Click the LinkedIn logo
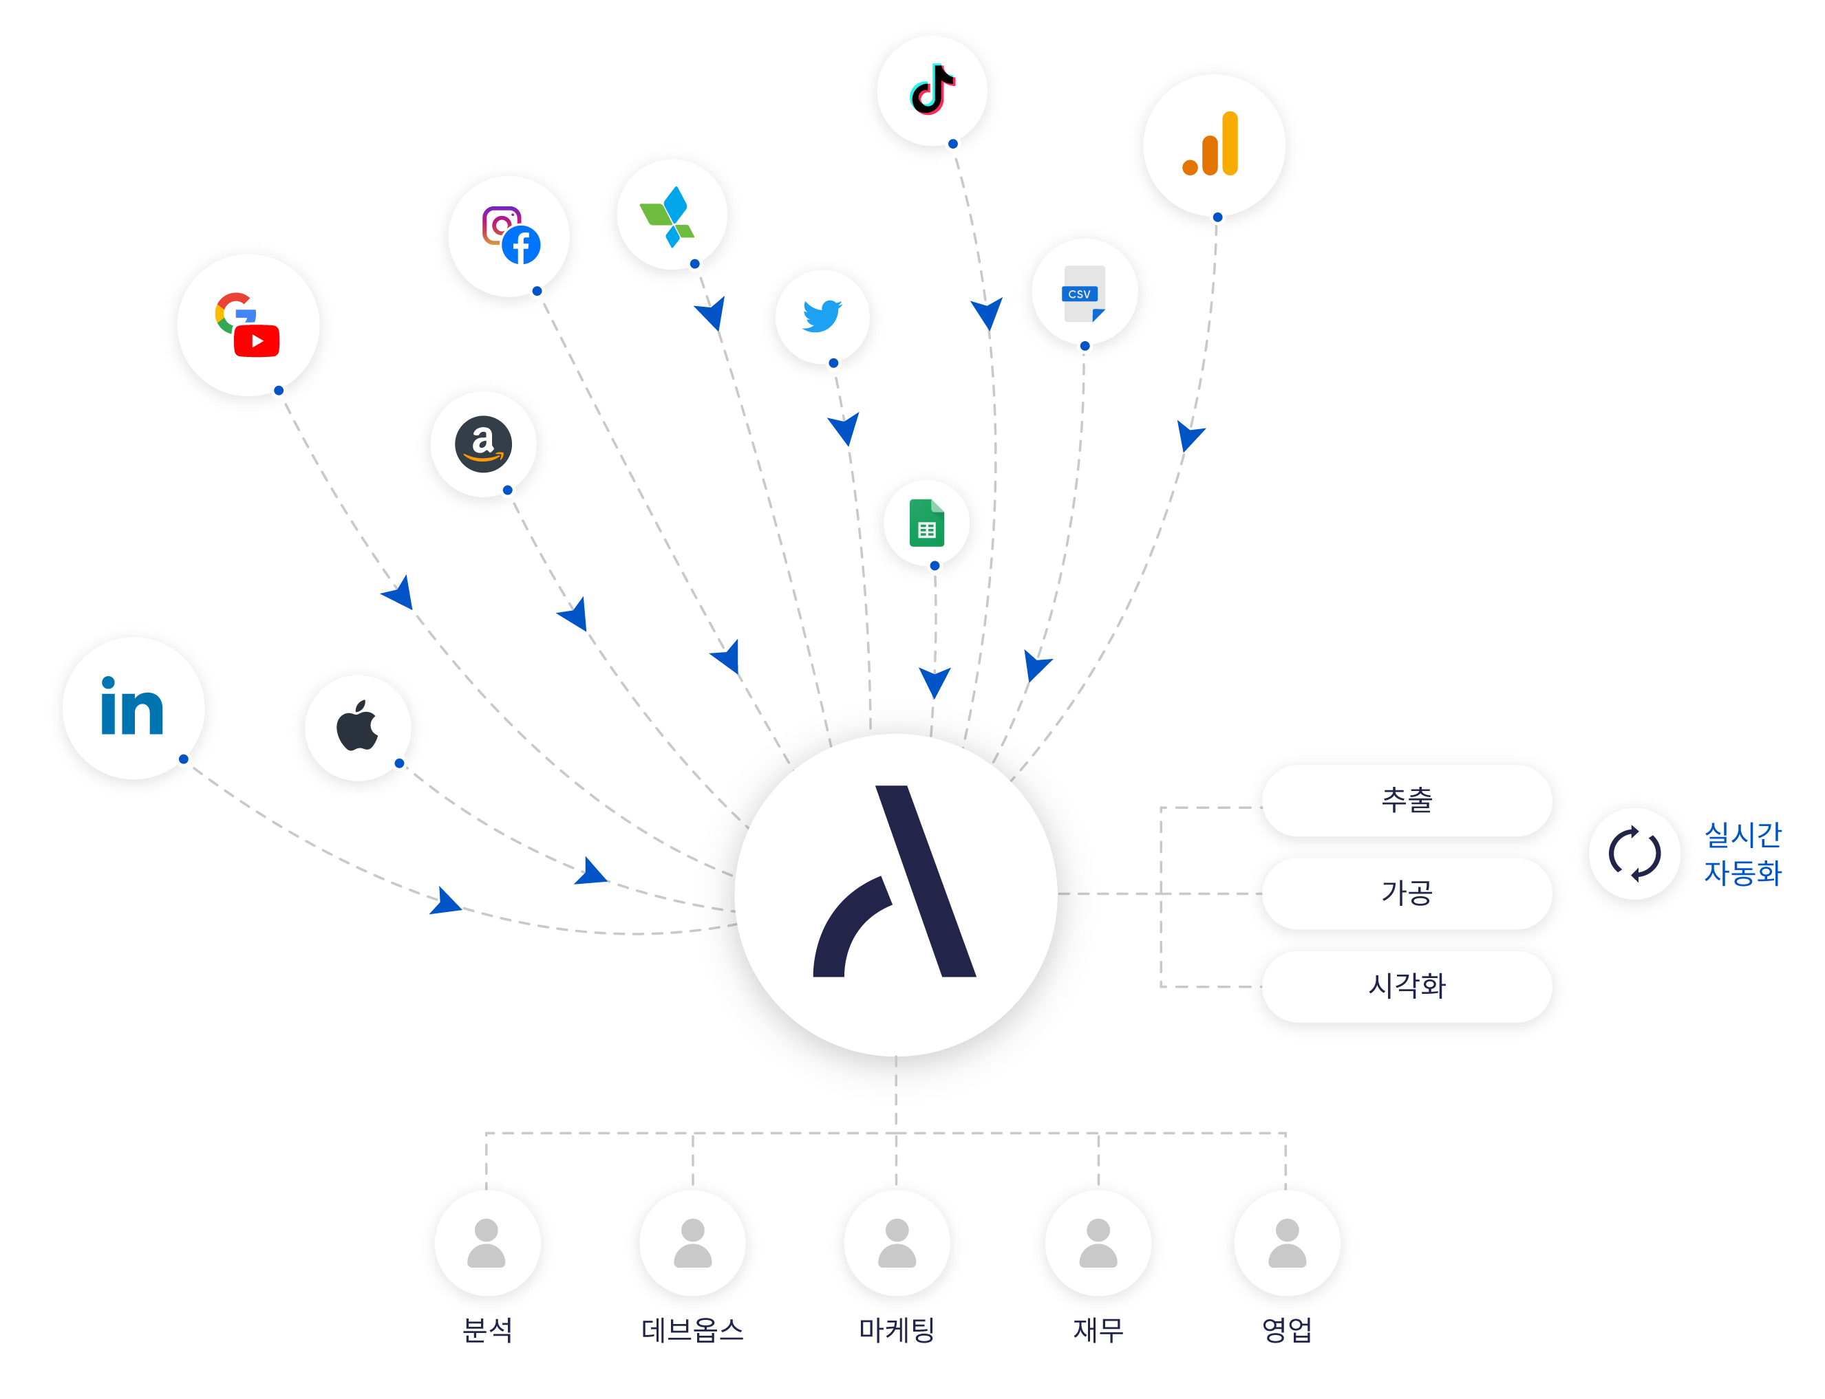point(132,708)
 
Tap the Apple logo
point(357,727)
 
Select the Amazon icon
point(483,444)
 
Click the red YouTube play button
point(257,341)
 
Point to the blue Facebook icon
point(522,246)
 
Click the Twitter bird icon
point(822,316)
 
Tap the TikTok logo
point(932,90)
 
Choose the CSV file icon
point(1084,293)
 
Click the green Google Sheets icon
point(926,523)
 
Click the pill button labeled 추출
point(1406,800)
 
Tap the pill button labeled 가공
point(1406,893)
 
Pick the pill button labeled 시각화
point(1406,986)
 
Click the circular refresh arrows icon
point(1634,854)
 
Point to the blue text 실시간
point(1742,834)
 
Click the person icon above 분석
point(487,1242)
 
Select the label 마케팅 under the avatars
point(896,1329)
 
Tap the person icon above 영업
point(1287,1242)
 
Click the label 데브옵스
point(692,1329)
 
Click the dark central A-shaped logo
point(895,882)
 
